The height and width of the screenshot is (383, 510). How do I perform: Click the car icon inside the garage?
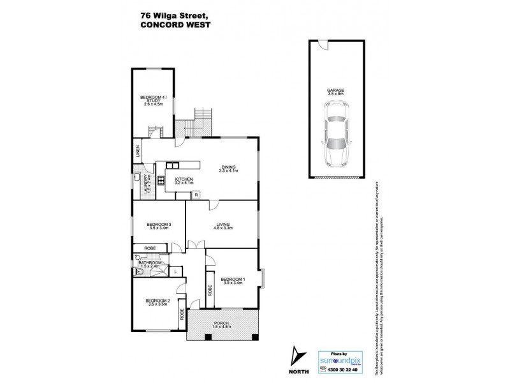(x=338, y=133)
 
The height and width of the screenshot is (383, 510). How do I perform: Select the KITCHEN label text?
(x=184, y=179)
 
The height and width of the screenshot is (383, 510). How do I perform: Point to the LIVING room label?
(x=222, y=224)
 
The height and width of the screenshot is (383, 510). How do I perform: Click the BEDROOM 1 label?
(x=233, y=279)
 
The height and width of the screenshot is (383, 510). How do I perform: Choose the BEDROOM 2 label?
(x=157, y=300)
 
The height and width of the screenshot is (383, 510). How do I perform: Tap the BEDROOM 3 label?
(x=159, y=224)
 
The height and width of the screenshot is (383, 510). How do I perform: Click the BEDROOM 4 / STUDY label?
(x=154, y=98)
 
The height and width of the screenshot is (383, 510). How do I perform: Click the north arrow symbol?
(x=296, y=356)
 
